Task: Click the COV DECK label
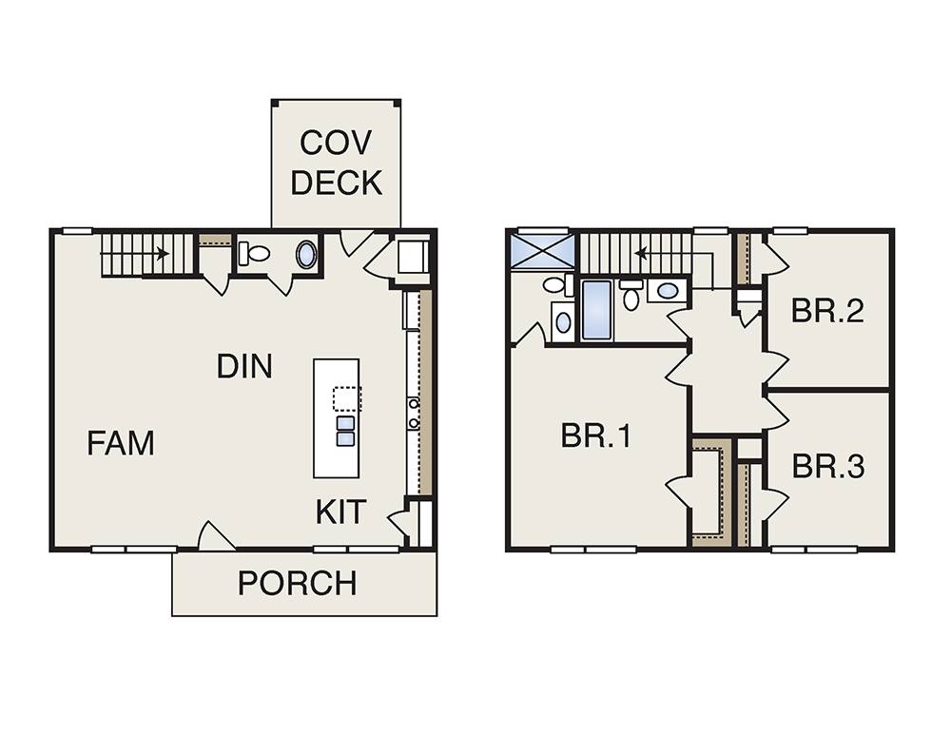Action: [337, 163]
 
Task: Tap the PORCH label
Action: [297, 583]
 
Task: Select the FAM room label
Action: [121, 443]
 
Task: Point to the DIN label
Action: [244, 366]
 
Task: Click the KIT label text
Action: [340, 512]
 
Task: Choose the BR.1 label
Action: [596, 435]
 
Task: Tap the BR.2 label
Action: [827, 311]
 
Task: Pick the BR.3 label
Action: [828, 466]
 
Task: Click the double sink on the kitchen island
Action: [345, 431]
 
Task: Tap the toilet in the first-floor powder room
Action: [254, 254]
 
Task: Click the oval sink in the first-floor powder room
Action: [306, 255]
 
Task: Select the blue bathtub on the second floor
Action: [597, 310]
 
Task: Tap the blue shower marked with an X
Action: [542, 251]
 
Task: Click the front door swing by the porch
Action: [216, 535]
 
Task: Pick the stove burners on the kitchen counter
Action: [413, 414]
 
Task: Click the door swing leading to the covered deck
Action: [356, 242]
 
